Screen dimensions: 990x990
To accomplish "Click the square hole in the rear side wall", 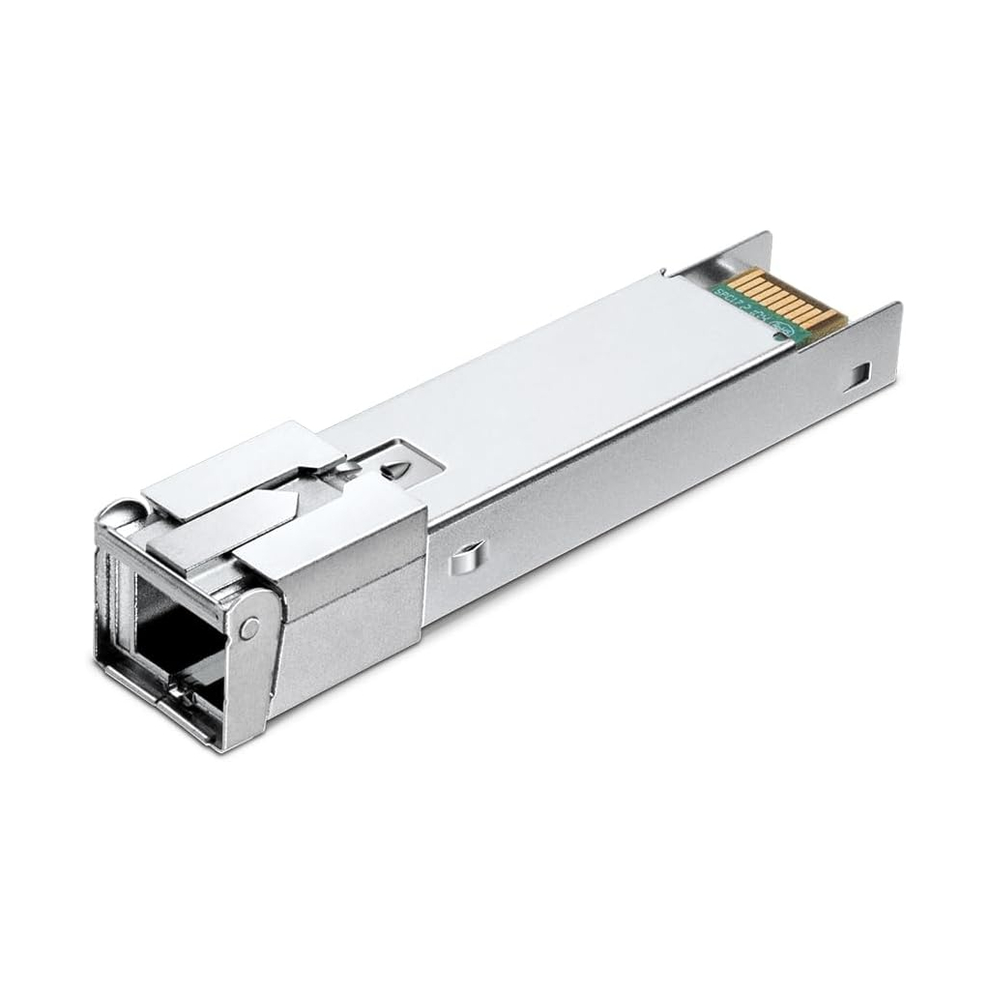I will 860,369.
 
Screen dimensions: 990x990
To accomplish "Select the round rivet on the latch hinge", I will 250,628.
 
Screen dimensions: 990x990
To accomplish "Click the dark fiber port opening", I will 169,628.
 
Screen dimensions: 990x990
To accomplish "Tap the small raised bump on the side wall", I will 464,558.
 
